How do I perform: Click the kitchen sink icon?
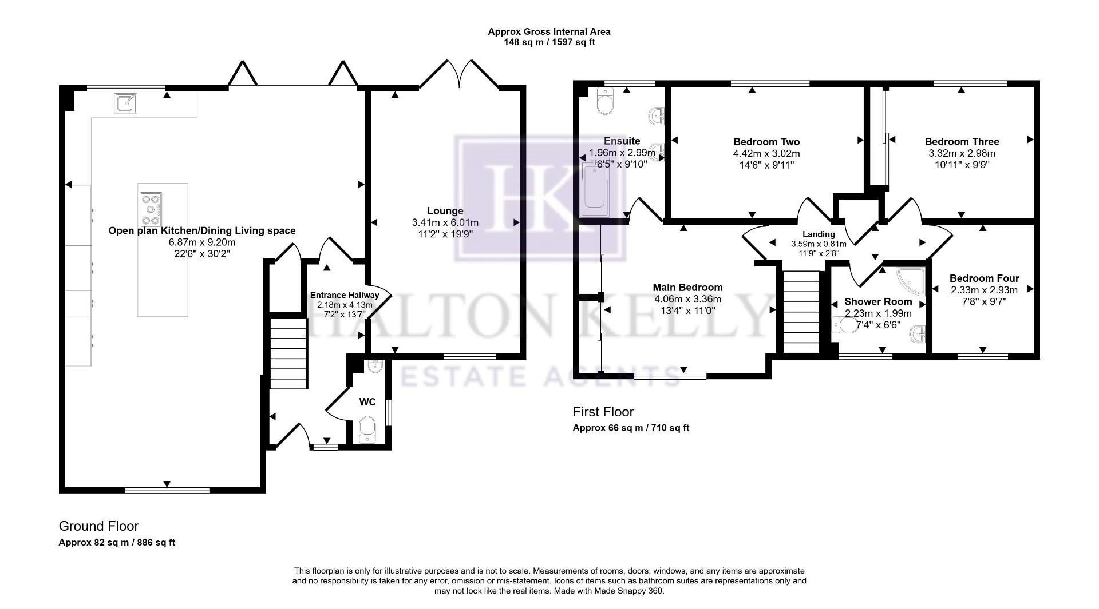(x=125, y=104)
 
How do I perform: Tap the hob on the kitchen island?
(x=151, y=210)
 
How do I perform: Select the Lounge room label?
(x=445, y=211)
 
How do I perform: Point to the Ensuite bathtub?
(x=596, y=189)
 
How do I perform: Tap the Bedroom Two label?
(x=766, y=142)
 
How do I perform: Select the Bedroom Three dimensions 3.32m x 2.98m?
(x=962, y=153)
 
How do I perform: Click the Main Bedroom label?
(x=687, y=288)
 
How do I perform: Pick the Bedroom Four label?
(x=984, y=278)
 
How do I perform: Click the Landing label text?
(x=819, y=234)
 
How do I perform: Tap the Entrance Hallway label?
(x=345, y=295)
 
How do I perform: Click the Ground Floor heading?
(x=98, y=526)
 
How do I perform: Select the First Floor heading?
(x=603, y=412)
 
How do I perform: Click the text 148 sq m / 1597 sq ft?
(x=549, y=42)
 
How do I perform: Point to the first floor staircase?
(x=801, y=312)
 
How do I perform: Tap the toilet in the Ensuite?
(x=604, y=102)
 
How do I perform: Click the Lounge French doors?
(x=459, y=74)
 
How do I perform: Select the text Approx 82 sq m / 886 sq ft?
(x=117, y=543)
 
